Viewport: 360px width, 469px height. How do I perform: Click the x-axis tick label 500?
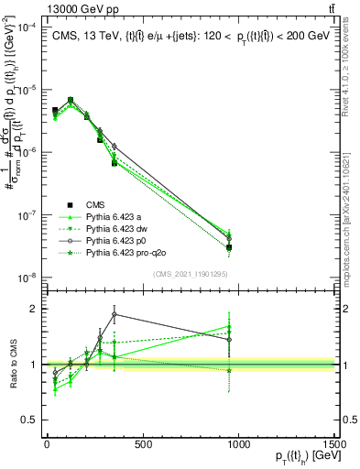pyautogui.click(x=142, y=444)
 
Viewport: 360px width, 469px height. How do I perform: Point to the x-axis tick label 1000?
pyautogui.click(x=239, y=444)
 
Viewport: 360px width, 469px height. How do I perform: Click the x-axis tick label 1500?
pyautogui.click(x=335, y=444)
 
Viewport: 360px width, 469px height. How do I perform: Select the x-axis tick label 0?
pyautogui.click(x=46, y=444)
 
